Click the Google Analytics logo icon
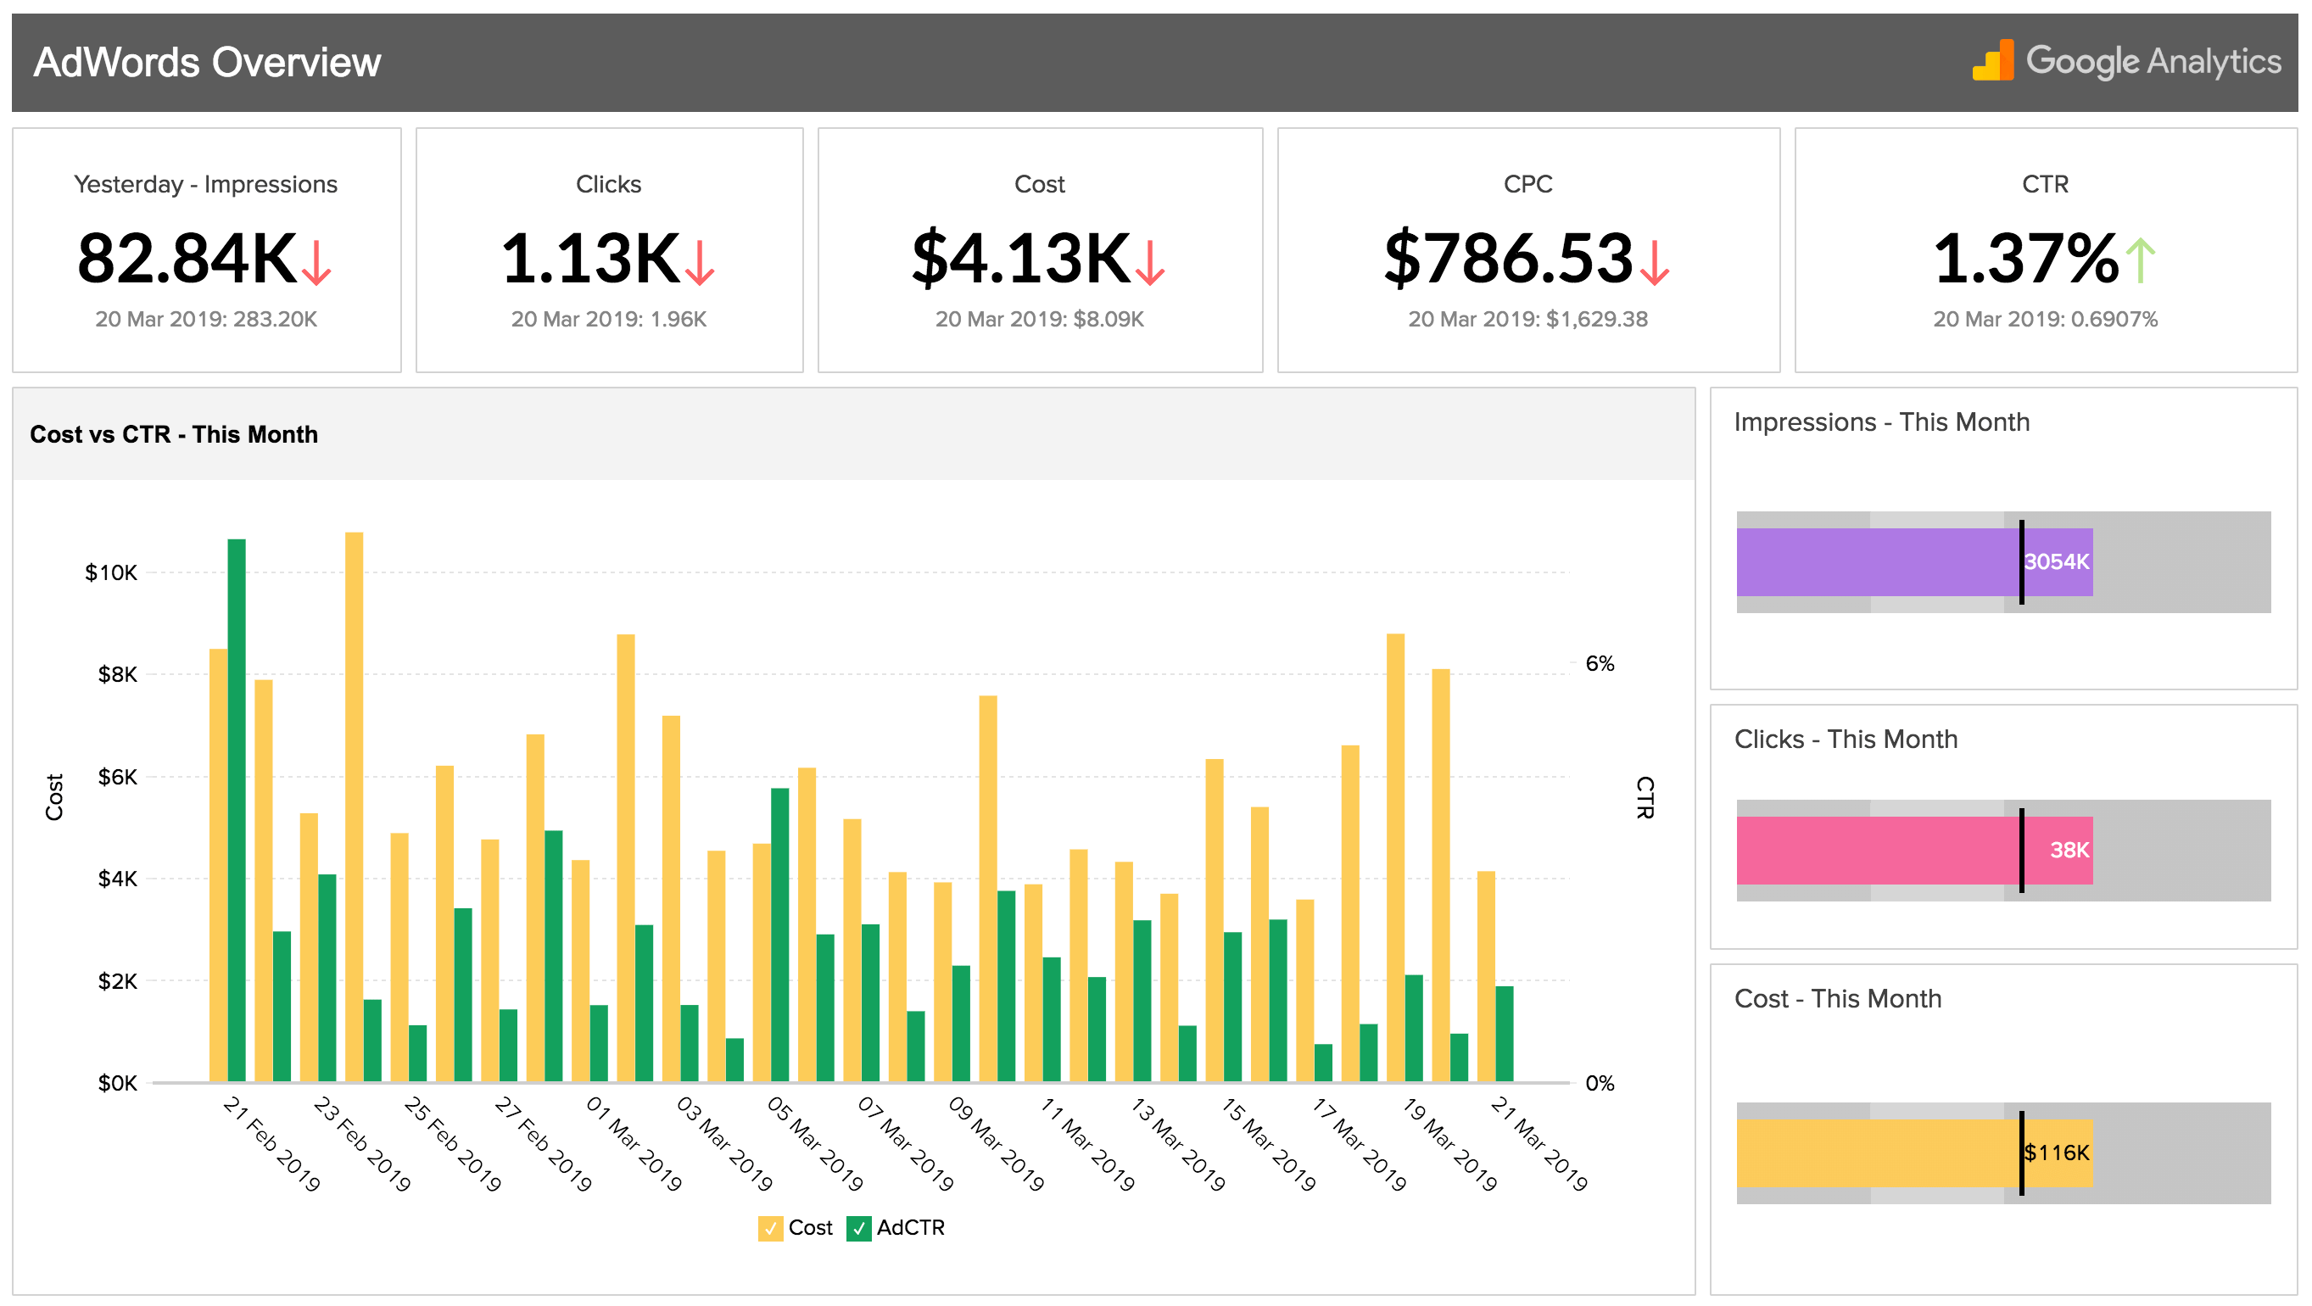[x=1992, y=60]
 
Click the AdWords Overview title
[x=206, y=62]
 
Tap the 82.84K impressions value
[x=187, y=260]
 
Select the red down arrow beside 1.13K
[x=699, y=262]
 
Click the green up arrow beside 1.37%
[x=2141, y=260]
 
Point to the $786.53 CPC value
[x=1508, y=260]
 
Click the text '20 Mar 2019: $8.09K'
[x=1039, y=320]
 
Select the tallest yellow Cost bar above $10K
[x=354, y=808]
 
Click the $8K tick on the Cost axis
[x=118, y=675]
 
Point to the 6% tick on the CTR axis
[x=1600, y=664]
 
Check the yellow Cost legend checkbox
[x=770, y=1228]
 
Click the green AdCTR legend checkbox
[x=858, y=1228]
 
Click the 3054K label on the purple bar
[x=2055, y=562]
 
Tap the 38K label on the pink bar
[x=2069, y=850]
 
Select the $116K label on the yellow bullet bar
[x=2056, y=1153]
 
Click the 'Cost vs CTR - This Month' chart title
[x=173, y=434]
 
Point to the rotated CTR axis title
[x=1645, y=797]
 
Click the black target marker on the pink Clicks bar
[x=2021, y=850]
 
